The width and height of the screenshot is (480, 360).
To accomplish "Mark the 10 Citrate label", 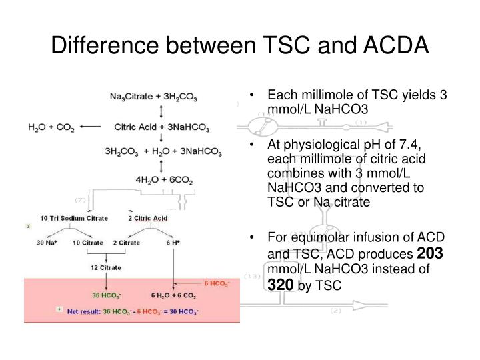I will (x=87, y=243).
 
